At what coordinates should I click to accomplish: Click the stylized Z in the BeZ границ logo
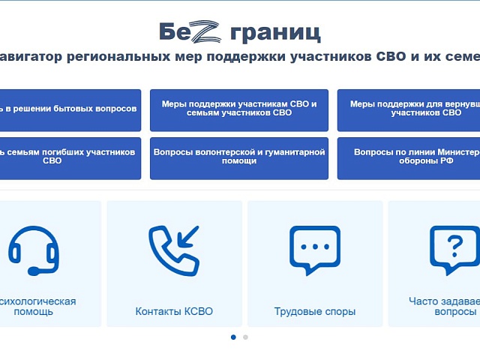point(210,31)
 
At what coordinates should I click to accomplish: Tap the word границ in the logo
point(275,32)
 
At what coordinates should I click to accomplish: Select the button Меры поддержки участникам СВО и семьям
point(239,109)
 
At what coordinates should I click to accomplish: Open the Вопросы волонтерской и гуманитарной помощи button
point(239,157)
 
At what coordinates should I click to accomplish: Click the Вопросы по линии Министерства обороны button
point(409,157)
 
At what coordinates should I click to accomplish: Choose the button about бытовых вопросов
point(69,109)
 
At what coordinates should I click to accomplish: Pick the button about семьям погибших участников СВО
point(69,157)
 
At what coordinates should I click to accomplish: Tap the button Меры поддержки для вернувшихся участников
point(409,109)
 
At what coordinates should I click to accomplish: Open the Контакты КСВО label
point(174,311)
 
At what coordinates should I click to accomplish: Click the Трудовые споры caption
point(315,311)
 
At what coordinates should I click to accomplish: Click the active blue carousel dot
point(233,337)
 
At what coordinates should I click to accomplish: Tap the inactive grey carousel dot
point(245,337)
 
